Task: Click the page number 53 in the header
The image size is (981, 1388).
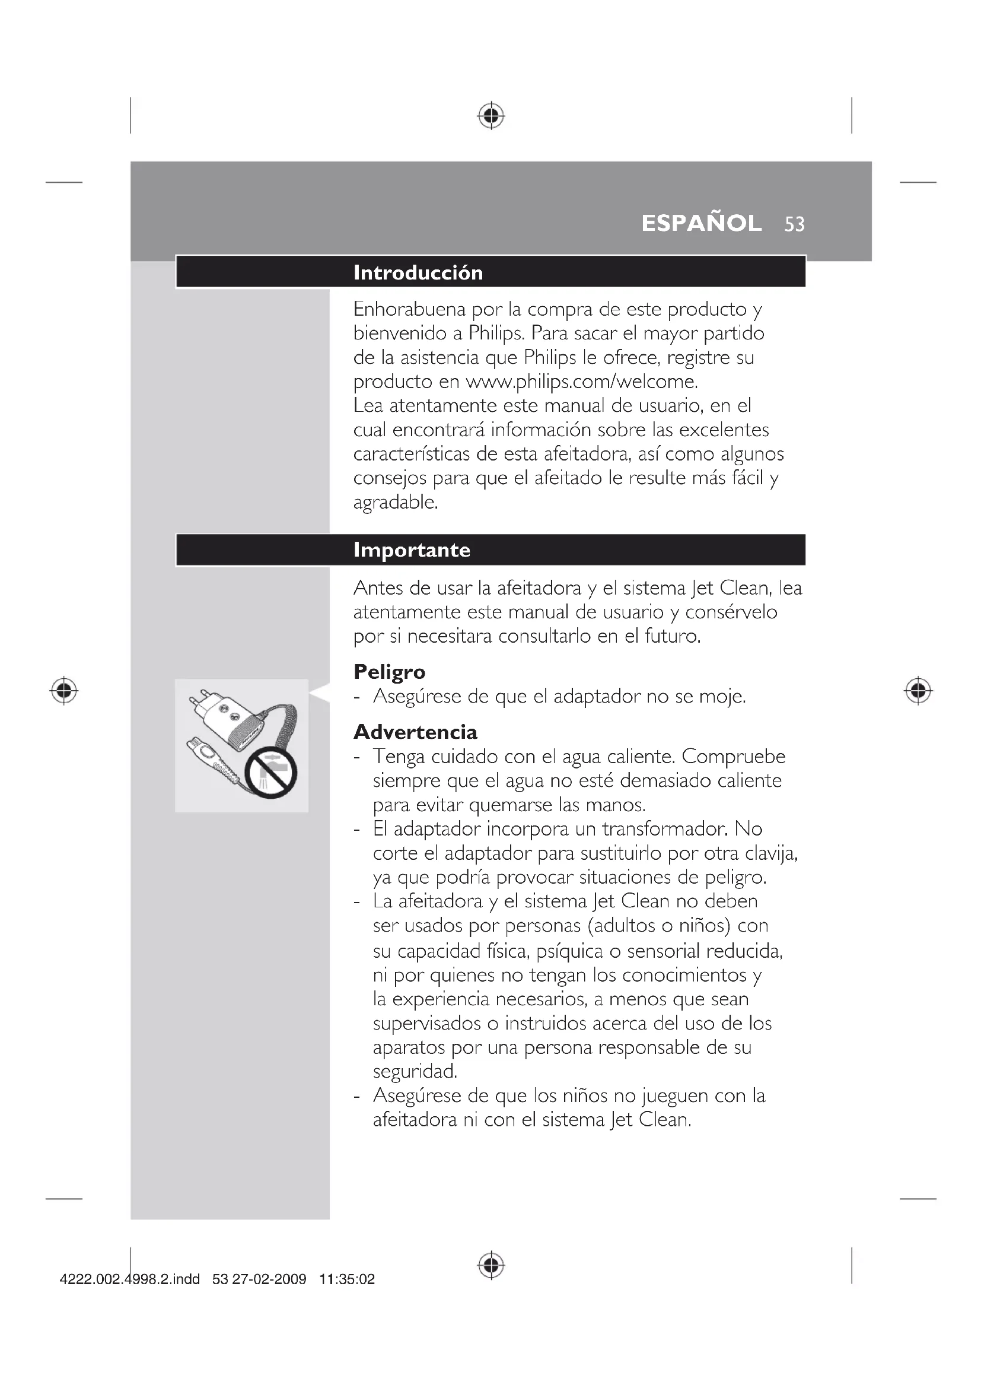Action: click(x=794, y=224)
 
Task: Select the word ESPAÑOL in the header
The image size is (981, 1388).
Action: click(x=701, y=224)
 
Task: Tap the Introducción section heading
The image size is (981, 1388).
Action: click(x=418, y=272)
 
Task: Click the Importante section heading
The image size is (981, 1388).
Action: click(x=412, y=550)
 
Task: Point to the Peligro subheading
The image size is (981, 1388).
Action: click(x=389, y=672)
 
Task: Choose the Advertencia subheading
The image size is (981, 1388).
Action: click(x=415, y=732)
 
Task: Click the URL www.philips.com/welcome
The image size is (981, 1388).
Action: click(x=582, y=382)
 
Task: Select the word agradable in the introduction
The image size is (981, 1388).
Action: click(x=394, y=503)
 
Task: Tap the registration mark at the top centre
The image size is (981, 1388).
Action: click(x=491, y=116)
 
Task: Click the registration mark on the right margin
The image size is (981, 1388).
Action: click(x=918, y=690)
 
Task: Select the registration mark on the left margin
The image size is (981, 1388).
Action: click(x=64, y=690)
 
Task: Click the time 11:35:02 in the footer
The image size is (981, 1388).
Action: click(x=347, y=1279)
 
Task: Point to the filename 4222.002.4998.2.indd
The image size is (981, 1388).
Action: click(x=129, y=1279)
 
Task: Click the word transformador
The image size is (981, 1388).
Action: click(x=665, y=829)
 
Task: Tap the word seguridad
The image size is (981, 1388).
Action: click(x=415, y=1071)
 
